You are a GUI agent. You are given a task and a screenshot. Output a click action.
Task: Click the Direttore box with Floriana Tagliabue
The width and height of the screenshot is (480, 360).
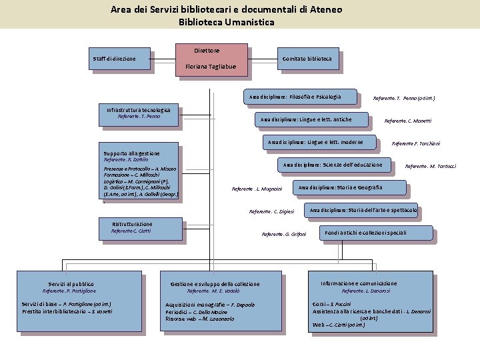click(211, 59)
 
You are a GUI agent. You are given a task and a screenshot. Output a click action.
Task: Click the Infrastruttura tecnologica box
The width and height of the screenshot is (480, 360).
click(139, 114)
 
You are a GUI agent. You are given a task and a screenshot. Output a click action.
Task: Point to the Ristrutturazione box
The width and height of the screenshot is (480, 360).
click(139, 229)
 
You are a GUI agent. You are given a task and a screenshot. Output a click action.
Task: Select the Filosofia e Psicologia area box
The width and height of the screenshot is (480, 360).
click(296, 97)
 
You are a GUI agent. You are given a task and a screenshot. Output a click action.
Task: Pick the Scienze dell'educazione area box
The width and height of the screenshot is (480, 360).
click(333, 165)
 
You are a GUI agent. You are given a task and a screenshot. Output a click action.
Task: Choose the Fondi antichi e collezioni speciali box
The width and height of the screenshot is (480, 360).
click(366, 233)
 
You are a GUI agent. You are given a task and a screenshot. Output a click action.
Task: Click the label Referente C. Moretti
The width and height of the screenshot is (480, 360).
click(408, 121)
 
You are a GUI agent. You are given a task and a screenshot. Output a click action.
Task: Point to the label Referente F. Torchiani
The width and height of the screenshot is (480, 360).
click(416, 143)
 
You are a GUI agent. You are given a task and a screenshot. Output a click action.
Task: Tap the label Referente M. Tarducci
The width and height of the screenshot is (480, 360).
click(431, 166)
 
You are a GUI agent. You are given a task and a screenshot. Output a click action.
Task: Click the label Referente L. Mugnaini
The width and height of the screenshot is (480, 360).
click(257, 189)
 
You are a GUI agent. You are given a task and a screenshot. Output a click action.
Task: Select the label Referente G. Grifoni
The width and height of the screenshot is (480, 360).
click(284, 235)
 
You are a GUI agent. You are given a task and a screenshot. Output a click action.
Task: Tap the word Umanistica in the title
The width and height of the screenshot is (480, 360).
click(250, 22)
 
